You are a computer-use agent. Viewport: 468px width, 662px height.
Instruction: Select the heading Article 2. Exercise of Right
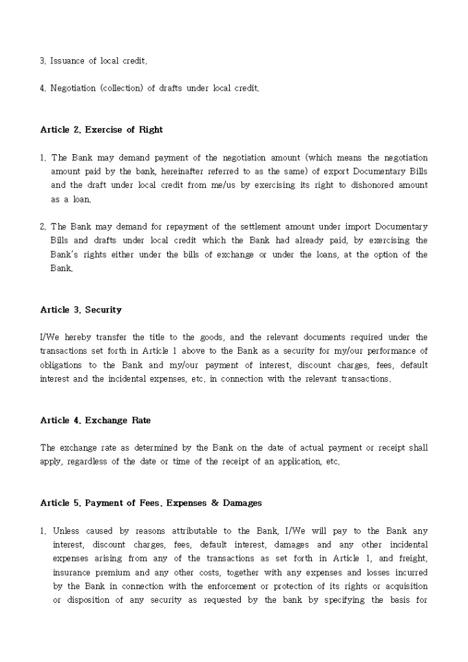click(x=101, y=129)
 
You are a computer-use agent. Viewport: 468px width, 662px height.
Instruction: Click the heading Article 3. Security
click(x=81, y=310)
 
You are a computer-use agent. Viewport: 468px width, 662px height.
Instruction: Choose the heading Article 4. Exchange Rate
click(x=95, y=420)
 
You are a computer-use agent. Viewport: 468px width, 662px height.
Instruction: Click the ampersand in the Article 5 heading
click(x=213, y=503)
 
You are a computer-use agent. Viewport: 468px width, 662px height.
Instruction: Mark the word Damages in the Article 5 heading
click(x=242, y=503)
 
